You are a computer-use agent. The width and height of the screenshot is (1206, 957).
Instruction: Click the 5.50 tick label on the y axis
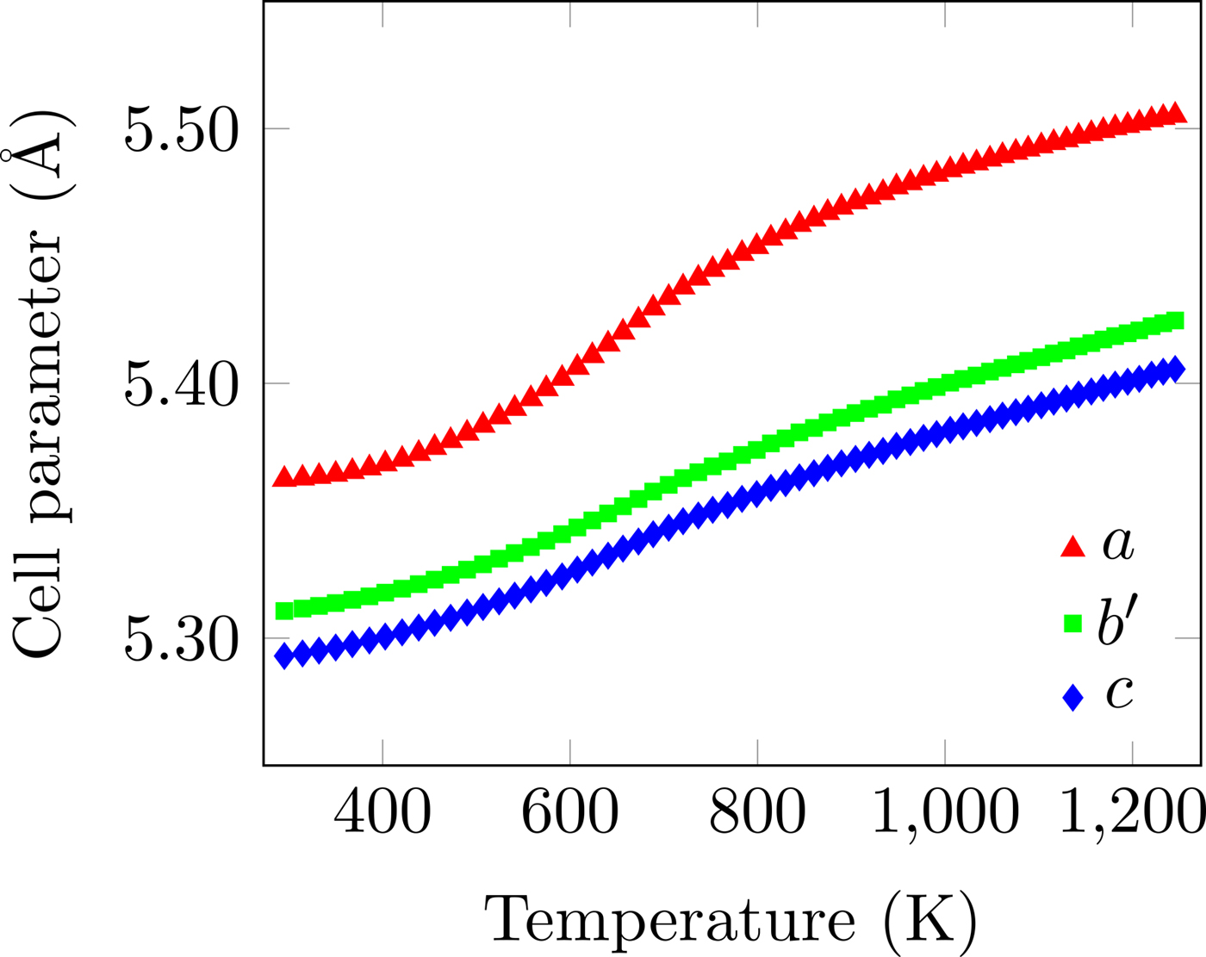180,130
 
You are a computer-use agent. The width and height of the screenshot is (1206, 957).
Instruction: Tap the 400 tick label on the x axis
382,812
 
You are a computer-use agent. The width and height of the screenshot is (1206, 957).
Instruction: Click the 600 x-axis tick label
569,812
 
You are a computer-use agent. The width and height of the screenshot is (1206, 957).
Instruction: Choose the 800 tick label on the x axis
757,812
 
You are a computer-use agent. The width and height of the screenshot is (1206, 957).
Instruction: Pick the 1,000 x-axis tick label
945,812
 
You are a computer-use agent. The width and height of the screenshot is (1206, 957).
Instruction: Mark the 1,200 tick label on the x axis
1130,812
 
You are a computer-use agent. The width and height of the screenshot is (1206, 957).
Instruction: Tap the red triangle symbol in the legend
1072,547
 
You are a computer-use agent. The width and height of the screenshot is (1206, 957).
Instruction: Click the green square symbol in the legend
1072,623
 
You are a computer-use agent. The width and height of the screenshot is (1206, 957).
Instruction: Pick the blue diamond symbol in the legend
1072,697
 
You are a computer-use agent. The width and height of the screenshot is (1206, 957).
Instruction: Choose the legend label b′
1118,619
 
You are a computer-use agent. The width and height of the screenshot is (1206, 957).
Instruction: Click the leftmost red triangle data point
283,478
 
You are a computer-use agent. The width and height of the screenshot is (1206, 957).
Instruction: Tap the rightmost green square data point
1175,321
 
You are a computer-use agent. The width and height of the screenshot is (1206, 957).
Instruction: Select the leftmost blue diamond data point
283,656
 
